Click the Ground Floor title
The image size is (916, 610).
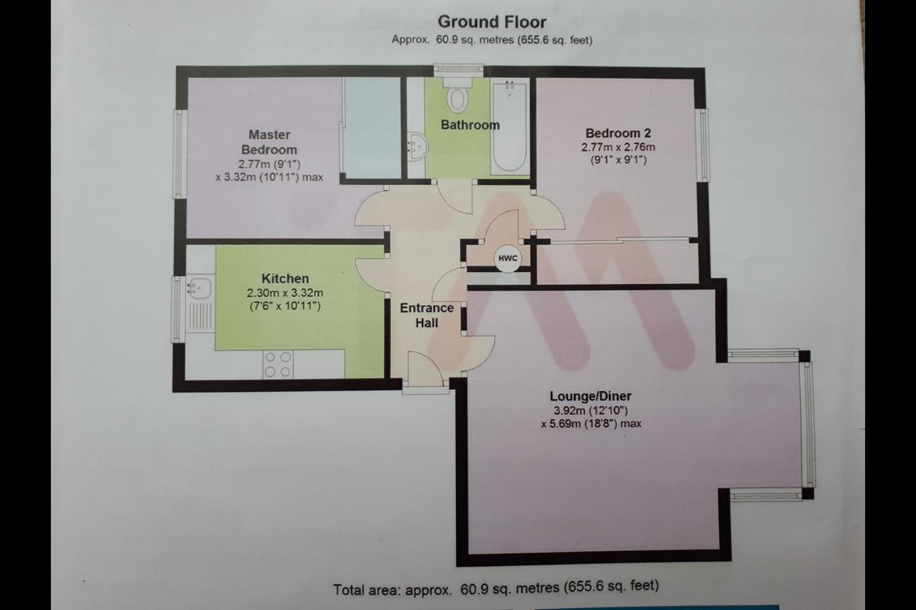492,22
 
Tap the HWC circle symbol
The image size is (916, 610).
508,258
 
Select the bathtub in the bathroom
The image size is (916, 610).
510,127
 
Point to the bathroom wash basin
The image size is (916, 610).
419,146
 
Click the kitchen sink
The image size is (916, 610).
199,288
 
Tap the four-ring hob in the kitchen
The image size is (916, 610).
278,364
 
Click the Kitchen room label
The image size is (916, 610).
285,279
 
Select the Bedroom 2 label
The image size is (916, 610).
618,133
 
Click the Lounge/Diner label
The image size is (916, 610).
590,396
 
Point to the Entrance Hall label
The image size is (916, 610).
426,315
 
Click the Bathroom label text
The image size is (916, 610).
470,125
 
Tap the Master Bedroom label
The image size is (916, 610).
269,142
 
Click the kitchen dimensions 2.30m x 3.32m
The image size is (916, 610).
285,293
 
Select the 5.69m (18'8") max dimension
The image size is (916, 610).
591,424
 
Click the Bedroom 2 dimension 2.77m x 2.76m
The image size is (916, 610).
618,147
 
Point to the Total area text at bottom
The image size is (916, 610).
496,588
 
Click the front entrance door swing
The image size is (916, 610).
426,369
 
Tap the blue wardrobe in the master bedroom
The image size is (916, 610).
371,128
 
